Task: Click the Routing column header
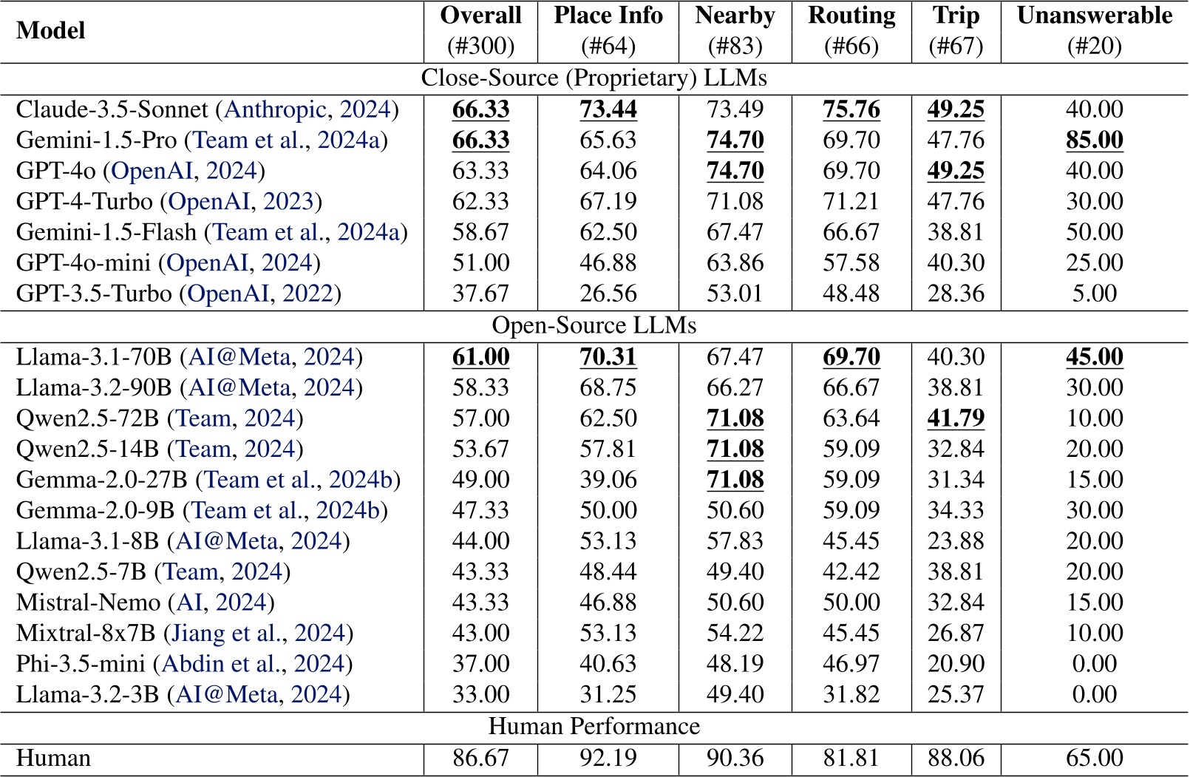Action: (x=851, y=16)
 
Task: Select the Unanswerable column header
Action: (x=1094, y=16)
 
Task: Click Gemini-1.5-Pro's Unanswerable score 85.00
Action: (x=1094, y=140)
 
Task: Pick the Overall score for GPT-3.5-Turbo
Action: (x=480, y=294)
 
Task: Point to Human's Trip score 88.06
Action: (x=956, y=759)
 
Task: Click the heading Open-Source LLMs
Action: (x=594, y=326)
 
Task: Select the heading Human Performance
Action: (x=594, y=727)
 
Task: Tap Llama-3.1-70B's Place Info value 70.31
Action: (x=608, y=357)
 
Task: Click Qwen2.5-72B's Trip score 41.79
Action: (x=956, y=418)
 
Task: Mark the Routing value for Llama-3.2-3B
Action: (x=851, y=695)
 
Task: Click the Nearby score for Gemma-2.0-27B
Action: (x=735, y=480)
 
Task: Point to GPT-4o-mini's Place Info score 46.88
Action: (x=608, y=263)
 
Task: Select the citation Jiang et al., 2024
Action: (x=258, y=634)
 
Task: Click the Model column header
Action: (x=50, y=30)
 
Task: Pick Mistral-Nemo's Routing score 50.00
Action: (x=851, y=603)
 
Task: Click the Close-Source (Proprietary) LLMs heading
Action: (x=594, y=78)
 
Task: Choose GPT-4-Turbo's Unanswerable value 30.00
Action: (x=1094, y=202)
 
